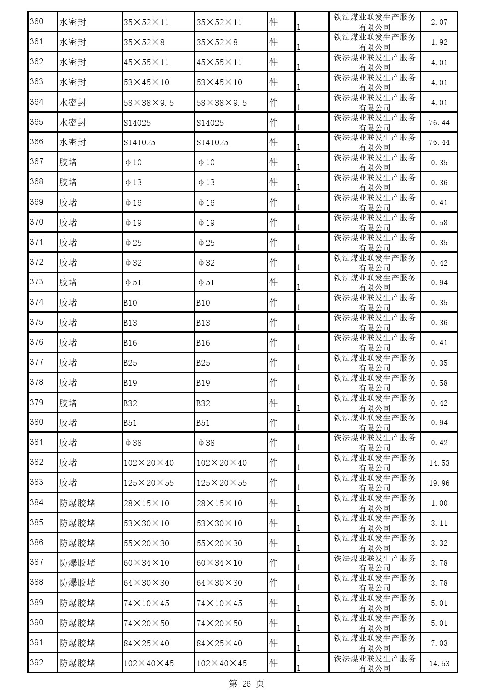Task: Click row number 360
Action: (x=37, y=22)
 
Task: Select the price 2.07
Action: (x=439, y=22)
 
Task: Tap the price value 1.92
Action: (x=439, y=42)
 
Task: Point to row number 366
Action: (x=37, y=142)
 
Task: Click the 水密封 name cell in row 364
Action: (x=73, y=103)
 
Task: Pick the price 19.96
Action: (x=439, y=483)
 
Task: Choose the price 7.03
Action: (x=439, y=643)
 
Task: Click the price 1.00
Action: (x=439, y=503)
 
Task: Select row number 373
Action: (x=37, y=282)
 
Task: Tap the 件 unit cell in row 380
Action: (x=273, y=423)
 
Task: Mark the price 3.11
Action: (x=439, y=523)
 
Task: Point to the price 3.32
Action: (x=439, y=543)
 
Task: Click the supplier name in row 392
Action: (x=374, y=663)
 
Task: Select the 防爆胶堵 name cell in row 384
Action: (x=77, y=503)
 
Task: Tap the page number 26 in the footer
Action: (x=247, y=684)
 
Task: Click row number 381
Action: (x=37, y=442)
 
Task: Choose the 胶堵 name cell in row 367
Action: (x=68, y=162)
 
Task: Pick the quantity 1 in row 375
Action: (x=298, y=327)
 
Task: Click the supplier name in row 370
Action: (x=374, y=223)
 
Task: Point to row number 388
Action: (x=37, y=582)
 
